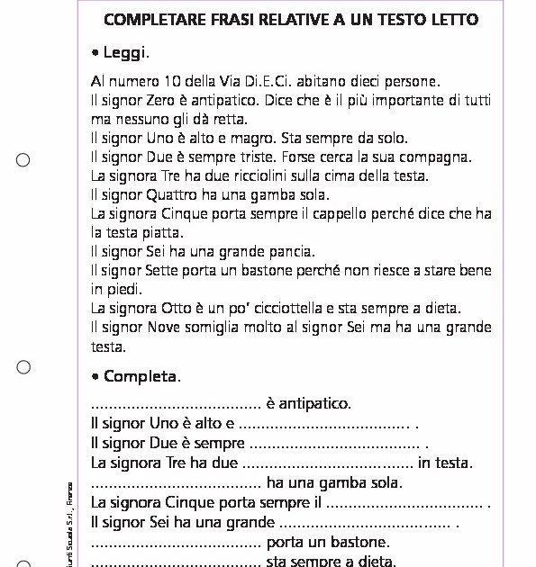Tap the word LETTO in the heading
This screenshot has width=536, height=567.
tap(451, 19)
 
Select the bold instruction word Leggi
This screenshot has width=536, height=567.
tap(125, 53)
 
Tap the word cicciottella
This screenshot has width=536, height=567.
tap(292, 308)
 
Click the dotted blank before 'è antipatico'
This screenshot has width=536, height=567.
tap(177, 404)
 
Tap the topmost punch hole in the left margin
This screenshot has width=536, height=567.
tap(23, 160)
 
